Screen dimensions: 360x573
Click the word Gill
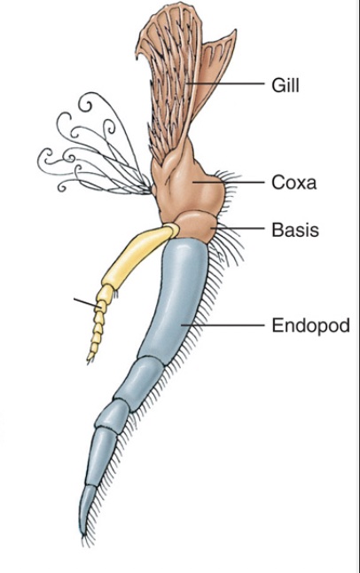tap(286, 85)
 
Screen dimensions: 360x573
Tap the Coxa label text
tap(293, 182)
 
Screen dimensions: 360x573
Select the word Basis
tap(295, 230)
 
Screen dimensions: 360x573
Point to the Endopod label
tap(310, 325)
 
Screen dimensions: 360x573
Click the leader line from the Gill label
tap(224, 83)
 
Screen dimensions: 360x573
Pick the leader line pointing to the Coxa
tap(229, 182)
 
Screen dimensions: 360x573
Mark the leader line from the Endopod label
tap(223, 325)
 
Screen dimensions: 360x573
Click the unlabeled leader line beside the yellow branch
tap(86, 303)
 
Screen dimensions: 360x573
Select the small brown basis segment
tap(196, 227)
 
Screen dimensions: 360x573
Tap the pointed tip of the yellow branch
tap(89, 361)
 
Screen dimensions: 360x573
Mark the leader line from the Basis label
tap(237, 228)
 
